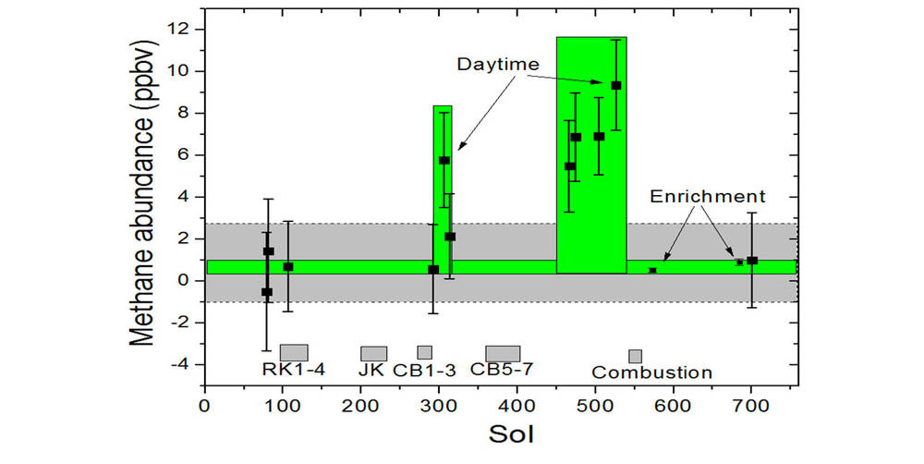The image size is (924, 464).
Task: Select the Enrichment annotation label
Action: [x=708, y=196]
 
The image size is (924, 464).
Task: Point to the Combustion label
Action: [x=651, y=373]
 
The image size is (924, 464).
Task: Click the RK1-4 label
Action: [x=293, y=371]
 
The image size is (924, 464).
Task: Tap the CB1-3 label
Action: [x=424, y=371]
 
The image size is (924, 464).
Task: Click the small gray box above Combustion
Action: [x=635, y=356]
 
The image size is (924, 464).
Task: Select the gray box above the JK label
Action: [x=373, y=353]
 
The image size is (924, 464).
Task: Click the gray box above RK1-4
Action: [x=294, y=352]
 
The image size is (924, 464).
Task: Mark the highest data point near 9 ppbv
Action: [x=616, y=85]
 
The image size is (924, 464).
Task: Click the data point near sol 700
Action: [x=752, y=260]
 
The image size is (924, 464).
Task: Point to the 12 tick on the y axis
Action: [x=184, y=30]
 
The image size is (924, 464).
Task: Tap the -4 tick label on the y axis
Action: [x=181, y=364]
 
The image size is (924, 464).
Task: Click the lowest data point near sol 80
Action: [x=267, y=292]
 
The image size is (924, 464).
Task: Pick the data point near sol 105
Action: [x=288, y=266]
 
